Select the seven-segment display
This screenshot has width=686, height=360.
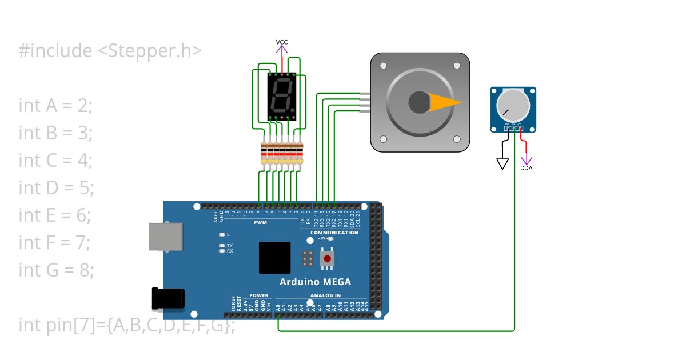[282, 97]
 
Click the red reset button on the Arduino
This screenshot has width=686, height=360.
[327, 259]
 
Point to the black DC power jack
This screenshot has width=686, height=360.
[168, 299]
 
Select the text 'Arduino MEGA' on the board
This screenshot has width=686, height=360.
[315, 282]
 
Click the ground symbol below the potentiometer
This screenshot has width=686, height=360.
[502, 164]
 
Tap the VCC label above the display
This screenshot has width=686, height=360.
[282, 42]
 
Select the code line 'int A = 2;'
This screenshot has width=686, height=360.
[55, 106]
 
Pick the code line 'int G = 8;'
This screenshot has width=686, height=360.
[56, 270]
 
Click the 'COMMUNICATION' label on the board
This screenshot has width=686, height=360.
[334, 233]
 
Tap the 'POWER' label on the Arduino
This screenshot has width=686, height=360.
[258, 295]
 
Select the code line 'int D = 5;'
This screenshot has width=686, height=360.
[56, 188]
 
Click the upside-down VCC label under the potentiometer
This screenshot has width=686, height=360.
[527, 168]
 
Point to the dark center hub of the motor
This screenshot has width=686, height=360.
[420, 103]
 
